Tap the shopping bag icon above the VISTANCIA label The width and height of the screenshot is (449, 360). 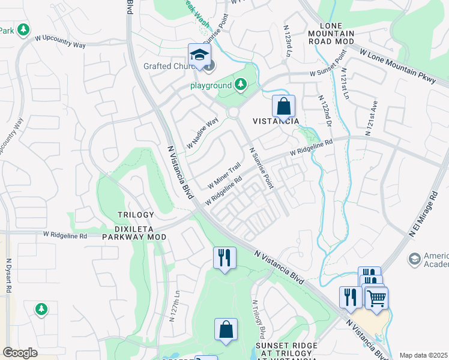(x=284, y=106)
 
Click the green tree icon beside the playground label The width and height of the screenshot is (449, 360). (x=241, y=85)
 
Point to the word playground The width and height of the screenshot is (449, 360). (x=211, y=86)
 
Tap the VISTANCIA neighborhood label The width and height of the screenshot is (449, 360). (x=276, y=121)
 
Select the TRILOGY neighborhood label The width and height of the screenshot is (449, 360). (x=136, y=215)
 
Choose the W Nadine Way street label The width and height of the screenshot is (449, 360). (x=202, y=134)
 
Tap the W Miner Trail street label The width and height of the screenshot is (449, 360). (x=224, y=174)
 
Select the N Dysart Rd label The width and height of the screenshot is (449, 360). (x=8, y=275)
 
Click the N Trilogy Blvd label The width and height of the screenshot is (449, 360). (x=258, y=319)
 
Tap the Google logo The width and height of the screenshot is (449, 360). (x=20, y=353)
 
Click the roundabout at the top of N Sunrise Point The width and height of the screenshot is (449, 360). (x=233, y=113)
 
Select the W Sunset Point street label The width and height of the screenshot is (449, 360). (x=328, y=64)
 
